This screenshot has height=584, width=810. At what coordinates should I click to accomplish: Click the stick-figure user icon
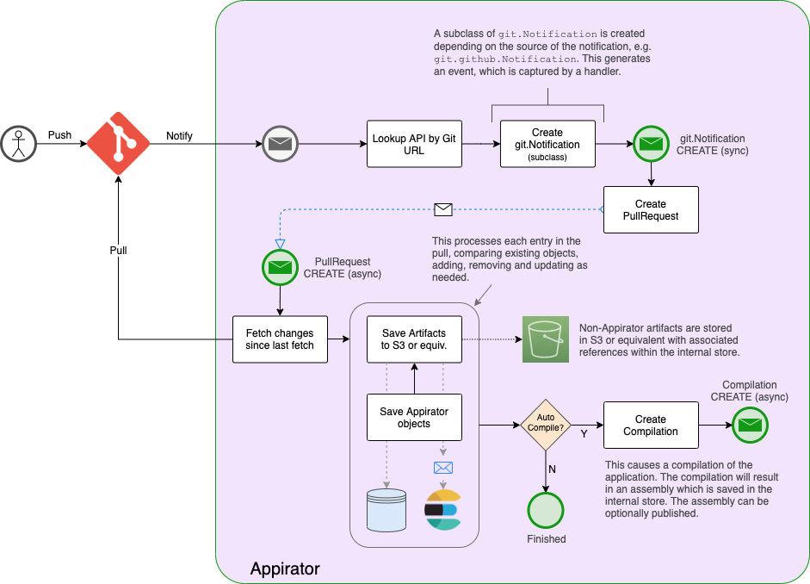[x=17, y=143]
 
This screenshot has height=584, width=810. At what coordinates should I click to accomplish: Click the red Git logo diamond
[x=118, y=144]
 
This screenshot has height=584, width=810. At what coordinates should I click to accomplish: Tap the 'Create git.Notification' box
[x=547, y=144]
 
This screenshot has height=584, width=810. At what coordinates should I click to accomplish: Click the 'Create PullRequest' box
[x=650, y=210]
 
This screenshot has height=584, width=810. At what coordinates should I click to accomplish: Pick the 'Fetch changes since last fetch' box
[x=280, y=339]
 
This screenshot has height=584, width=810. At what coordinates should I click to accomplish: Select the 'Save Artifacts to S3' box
[x=415, y=339]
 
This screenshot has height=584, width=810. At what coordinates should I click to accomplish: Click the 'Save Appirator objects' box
[x=415, y=418]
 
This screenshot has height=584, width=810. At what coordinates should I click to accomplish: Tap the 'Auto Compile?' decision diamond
[x=547, y=426]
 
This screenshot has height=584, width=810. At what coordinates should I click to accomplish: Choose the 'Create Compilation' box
[x=650, y=426]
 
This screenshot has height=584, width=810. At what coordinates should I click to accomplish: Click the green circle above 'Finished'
[x=547, y=511]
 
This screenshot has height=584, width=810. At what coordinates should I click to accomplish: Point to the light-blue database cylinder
[x=386, y=509]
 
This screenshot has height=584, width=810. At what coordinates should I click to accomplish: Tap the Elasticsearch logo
[x=442, y=509]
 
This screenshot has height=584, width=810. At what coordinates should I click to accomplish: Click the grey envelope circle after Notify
[x=280, y=144]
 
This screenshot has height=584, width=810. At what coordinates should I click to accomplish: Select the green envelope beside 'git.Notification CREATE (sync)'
[x=652, y=144]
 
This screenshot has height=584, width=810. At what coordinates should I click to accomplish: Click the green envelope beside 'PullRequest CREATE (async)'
[x=280, y=267]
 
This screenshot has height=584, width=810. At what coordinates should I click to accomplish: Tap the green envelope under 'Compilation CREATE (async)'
[x=750, y=425]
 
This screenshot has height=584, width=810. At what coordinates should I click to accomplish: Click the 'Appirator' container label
[x=284, y=568]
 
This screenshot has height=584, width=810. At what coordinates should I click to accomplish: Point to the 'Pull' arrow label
[x=118, y=250]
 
